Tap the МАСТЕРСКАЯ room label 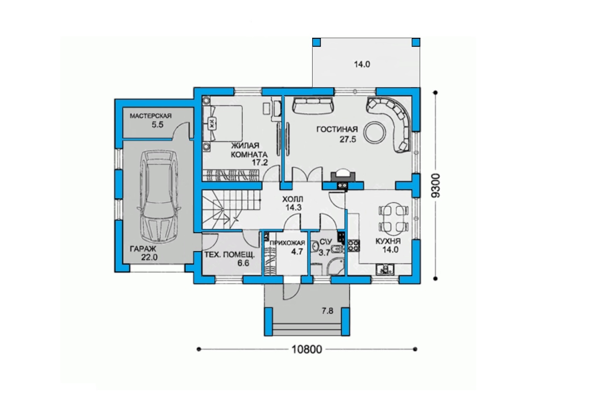click(151, 116)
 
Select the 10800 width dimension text click(307, 349)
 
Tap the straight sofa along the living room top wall click(314, 106)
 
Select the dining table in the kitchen click(394, 219)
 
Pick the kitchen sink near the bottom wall click(385, 269)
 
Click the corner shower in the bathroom click(335, 266)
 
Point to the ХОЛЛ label click(293, 199)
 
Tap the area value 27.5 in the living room click(348, 140)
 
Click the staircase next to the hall click(231, 209)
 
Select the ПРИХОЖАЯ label click(287, 243)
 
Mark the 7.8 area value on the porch click(327, 310)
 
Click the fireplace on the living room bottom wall click(343, 177)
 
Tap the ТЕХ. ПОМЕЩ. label click(229, 255)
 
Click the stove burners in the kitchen click(354, 245)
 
